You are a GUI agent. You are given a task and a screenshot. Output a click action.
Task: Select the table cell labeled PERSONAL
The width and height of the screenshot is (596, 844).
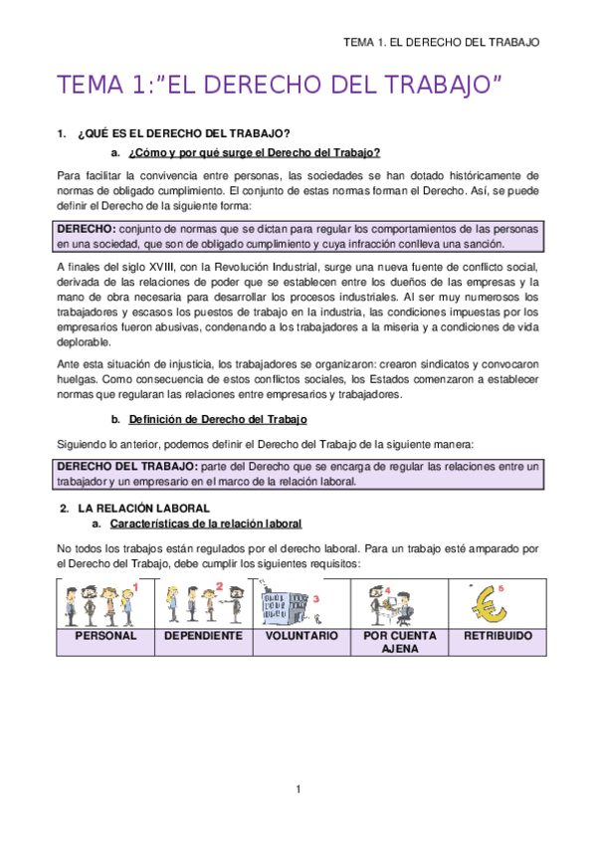click(106, 635)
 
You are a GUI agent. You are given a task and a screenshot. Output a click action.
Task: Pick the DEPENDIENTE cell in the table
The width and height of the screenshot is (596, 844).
click(203, 635)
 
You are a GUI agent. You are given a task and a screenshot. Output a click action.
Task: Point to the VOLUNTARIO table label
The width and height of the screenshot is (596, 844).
click(301, 635)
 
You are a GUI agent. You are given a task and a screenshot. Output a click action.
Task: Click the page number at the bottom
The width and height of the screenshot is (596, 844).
click(298, 789)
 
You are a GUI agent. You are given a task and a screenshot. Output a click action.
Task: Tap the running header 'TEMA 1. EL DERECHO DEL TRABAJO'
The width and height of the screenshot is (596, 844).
click(441, 43)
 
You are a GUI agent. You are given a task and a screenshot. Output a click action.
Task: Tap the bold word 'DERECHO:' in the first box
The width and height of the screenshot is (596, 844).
click(87, 228)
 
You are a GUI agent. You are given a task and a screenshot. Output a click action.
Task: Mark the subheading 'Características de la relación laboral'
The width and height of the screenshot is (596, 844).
click(206, 524)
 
